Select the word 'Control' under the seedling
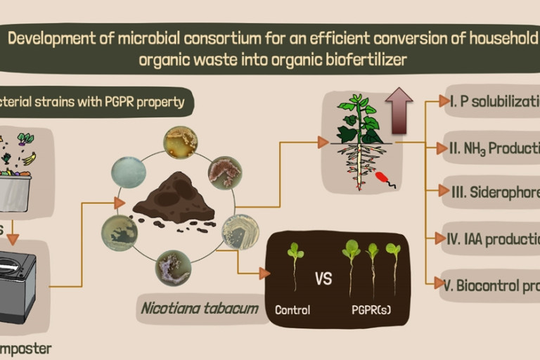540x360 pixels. point(293,309)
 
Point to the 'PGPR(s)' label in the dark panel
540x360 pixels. point(371,309)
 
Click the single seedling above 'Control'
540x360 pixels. point(295,264)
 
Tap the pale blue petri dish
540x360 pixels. point(128,171)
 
